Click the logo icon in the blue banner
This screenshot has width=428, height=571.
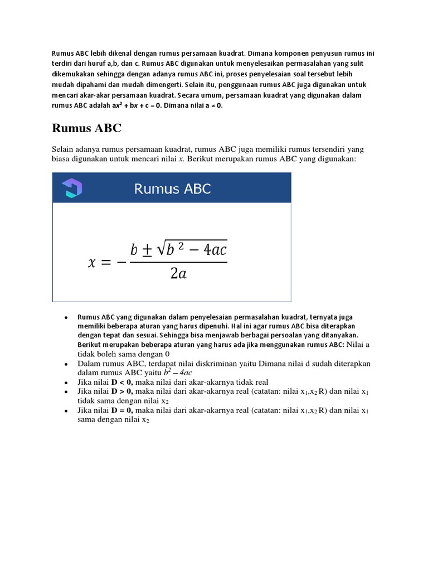pos(72,188)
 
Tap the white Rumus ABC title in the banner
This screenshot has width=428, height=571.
pos(172,188)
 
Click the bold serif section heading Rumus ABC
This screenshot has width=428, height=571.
pos(86,128)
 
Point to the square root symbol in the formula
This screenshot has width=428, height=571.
pos(159,250)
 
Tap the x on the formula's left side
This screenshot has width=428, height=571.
pos(93,263)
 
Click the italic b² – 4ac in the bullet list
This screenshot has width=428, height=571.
pos(178,372)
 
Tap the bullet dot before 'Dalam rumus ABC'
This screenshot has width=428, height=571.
pos(66,364)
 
